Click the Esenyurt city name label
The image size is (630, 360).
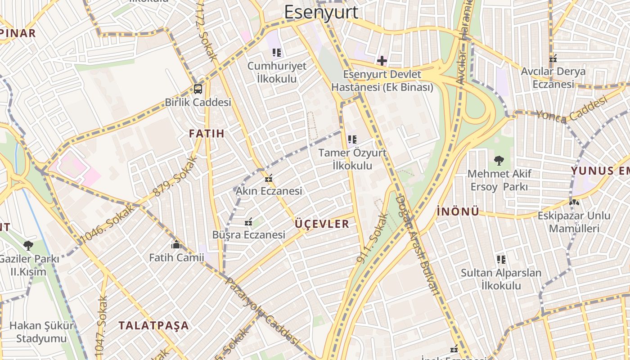[x=321, y=12]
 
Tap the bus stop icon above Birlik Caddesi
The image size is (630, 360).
[x=198, y=89]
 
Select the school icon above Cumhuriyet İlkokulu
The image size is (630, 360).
[x=277, y=53]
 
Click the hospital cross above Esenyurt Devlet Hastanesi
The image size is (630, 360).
[x=382, y=60]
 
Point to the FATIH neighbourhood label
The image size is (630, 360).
[x=207, y=134]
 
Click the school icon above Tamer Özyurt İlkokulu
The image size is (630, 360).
[x=352, y=139]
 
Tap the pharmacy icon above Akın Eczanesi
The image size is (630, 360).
[x=269, y=178]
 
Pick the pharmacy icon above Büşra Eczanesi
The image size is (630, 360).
[x=248, y=222]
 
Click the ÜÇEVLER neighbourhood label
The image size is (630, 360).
[x=322, y=224]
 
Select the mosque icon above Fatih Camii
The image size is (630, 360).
[x=176, y=245]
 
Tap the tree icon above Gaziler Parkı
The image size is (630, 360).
[x=28, y=246]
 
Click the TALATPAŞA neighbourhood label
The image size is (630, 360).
[x=153, y=325]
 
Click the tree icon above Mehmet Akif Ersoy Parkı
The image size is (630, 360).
[x=499, y=160]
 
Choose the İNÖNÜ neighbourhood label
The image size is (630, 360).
[x=458, y=211]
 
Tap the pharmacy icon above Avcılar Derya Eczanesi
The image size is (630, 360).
[x=553, y=58]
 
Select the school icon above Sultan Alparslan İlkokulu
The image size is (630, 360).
[x=501, y=260]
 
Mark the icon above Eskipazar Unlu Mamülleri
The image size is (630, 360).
[x=574, y=202]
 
